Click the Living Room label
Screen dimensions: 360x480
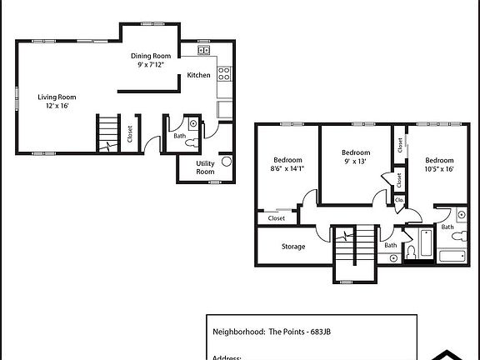57,101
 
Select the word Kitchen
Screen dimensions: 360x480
198,75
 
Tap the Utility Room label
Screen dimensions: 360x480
205,167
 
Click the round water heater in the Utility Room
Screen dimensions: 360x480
227,162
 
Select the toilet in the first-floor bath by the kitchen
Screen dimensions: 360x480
193,125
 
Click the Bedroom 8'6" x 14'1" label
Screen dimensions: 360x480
287,164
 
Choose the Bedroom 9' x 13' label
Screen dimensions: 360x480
356,157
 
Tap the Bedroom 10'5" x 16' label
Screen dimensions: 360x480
438,164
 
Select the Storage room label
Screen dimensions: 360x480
293,247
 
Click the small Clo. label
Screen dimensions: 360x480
399,200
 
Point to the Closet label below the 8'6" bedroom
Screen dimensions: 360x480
277,218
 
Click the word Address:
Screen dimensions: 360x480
227,356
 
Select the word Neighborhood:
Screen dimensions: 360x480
238,331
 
